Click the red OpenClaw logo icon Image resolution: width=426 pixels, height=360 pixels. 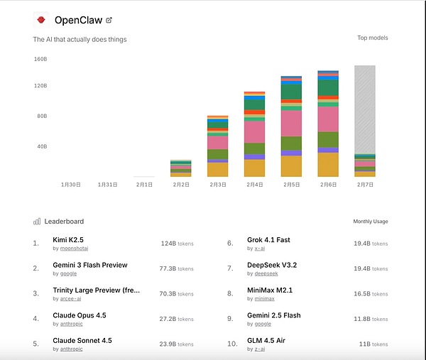pos(41,19)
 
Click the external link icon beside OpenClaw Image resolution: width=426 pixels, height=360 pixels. pos(109,20)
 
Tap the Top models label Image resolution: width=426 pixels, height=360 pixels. pos(373,38)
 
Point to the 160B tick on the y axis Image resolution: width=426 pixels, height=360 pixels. pos(40,59)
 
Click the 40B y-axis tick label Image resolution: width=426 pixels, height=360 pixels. pos(41,147)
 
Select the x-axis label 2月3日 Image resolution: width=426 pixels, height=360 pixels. pos(217,185)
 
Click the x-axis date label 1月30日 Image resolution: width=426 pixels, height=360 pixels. pos(70,185)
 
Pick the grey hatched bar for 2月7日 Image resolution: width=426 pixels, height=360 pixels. pos(365,110)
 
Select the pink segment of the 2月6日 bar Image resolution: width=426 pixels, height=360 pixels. pos(328,119)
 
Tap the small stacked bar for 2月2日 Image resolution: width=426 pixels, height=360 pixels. pos(180,168)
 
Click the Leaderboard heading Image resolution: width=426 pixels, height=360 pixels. pos(64,222)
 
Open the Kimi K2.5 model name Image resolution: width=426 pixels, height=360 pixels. pos(68,240)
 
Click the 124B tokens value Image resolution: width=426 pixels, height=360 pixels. pos(177,244)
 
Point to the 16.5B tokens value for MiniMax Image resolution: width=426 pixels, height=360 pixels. pos(371,293)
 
